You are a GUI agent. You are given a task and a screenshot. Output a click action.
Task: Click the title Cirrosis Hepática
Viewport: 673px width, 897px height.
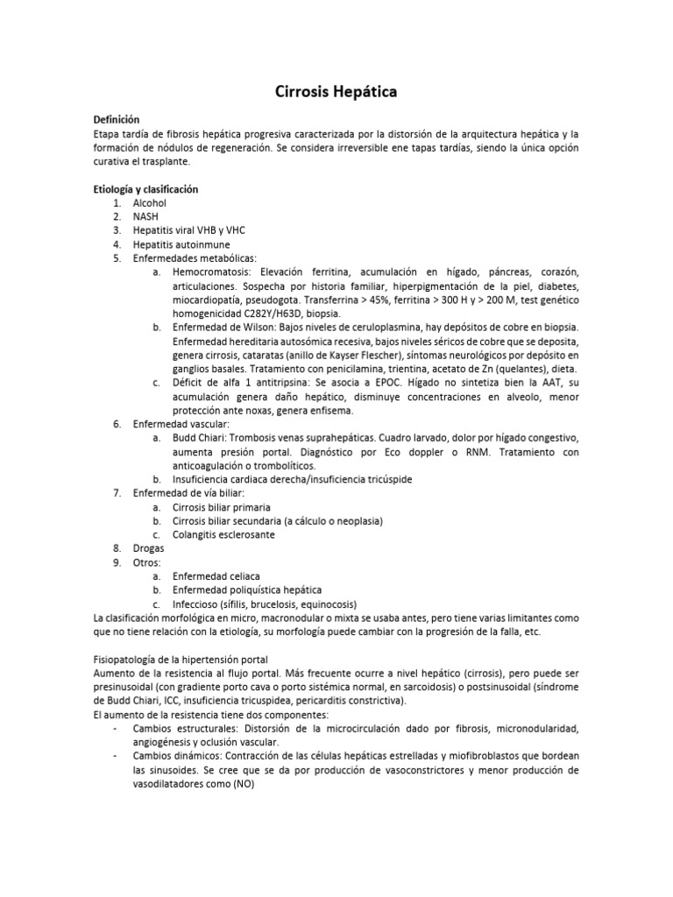pos(336,91)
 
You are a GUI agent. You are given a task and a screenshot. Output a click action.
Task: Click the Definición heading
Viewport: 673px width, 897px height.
pos(116,119)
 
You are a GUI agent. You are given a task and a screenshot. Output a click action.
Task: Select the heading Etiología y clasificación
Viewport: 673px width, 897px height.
pos(145,189)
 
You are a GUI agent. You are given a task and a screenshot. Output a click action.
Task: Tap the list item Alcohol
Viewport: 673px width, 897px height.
pos(150,203)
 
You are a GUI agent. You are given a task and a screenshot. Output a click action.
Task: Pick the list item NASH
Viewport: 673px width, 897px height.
pos(146,216)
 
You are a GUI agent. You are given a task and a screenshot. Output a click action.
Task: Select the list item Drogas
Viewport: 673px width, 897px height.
pos(149,548)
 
